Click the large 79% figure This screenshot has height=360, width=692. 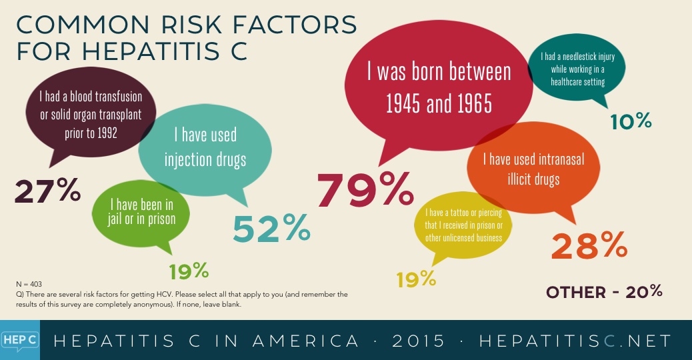[365, 190]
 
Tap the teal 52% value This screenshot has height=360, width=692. [271, 228]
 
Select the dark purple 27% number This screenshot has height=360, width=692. [47, 191]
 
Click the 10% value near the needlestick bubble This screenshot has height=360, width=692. [631, 121]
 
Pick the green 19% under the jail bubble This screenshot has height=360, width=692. [189, 271]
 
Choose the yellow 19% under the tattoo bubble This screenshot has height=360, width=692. [416, 279]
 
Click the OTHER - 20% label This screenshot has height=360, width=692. [604, 291]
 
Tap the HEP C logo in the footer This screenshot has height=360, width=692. [19, 340]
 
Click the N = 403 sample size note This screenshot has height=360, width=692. [29, 284]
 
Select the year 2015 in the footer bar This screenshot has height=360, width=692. [419, 341]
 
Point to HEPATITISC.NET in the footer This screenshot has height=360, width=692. [575, 341]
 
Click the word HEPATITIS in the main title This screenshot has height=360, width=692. [150, 51]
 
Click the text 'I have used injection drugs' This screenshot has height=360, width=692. [205, 147]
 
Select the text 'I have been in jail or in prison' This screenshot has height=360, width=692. [141, 212]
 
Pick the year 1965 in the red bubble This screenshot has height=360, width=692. [475, 104]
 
